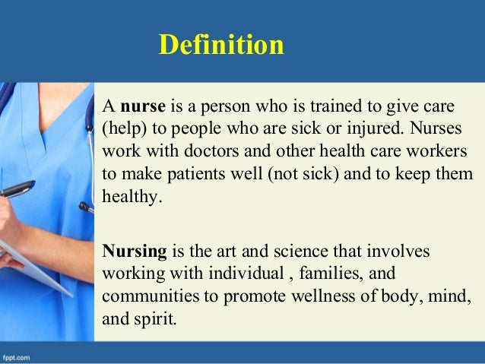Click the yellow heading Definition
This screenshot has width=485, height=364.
[221, 46]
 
